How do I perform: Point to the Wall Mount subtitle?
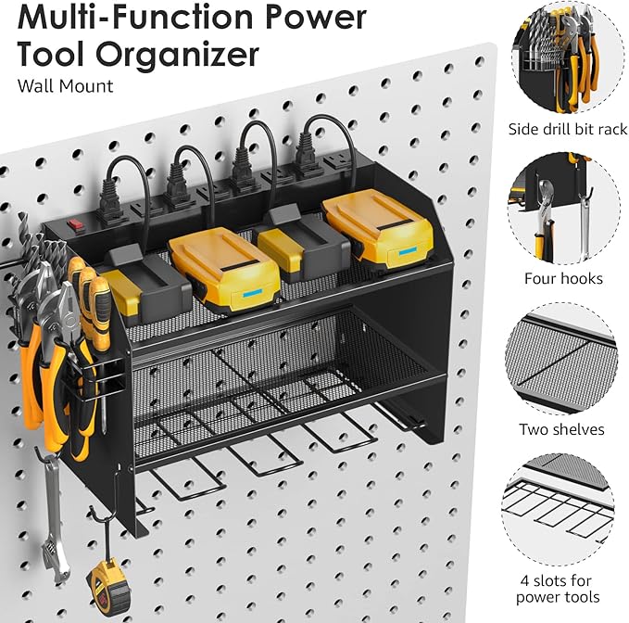click(65, 86)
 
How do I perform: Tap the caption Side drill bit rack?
click(567, 129)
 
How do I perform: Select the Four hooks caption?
click(562, 278)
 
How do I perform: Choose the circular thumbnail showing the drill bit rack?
click(561, 57)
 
